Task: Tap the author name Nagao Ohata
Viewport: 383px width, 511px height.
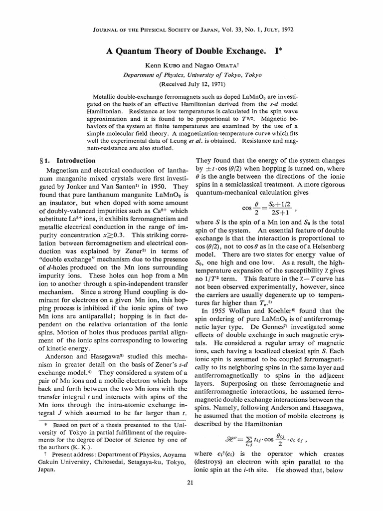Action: pyautogui.click(x=215, y=65)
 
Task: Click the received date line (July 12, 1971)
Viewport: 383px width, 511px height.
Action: pyautogui.click(x=191, y=83)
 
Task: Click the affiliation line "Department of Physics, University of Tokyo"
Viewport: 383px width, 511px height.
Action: pyautogui.click(x=191, y=74)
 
